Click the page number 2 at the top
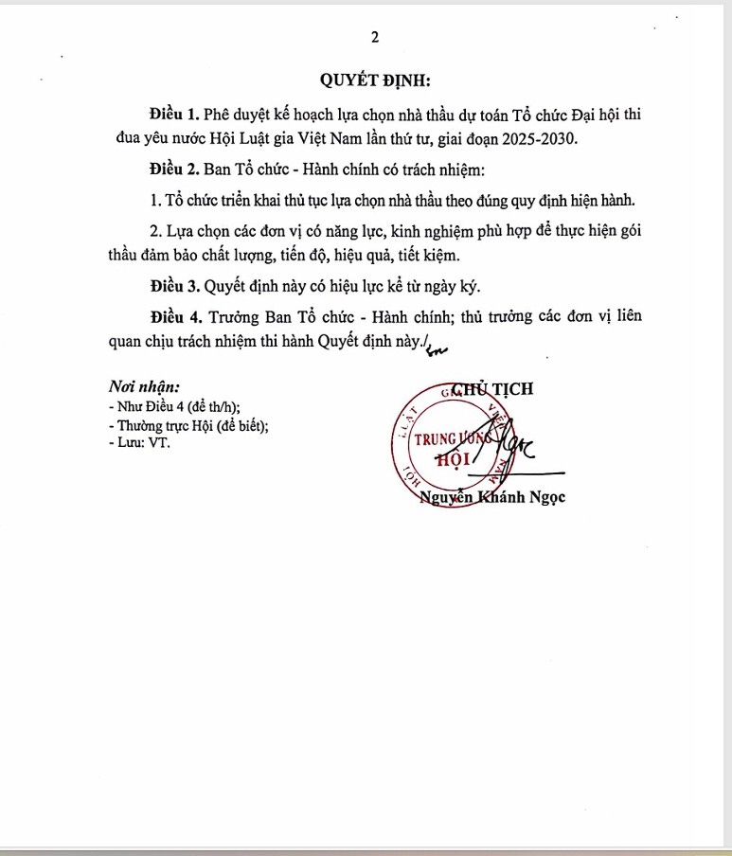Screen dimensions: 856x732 [375, 37]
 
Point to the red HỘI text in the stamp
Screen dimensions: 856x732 [453, 460]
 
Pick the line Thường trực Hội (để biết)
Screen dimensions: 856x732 [189, 425]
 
